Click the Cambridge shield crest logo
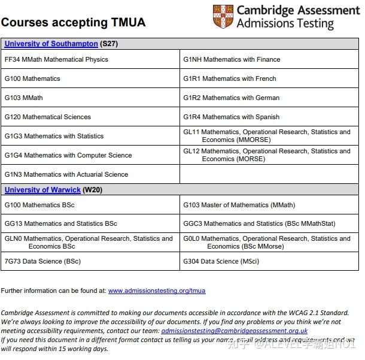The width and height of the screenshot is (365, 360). tap(223, 16)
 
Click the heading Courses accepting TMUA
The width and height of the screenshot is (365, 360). tap(73, 23)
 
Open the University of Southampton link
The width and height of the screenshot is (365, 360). tap(51, 44)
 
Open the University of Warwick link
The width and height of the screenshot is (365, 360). tap(42, 190)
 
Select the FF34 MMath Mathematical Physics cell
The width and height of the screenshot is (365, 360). tap(56, 59)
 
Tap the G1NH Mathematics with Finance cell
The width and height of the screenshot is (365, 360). tap(232, 59)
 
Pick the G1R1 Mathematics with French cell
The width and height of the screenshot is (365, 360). tap(230, 78)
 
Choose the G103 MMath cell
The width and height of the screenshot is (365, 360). tap(24, 98)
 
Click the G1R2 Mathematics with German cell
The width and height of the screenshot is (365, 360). tap(231, 98)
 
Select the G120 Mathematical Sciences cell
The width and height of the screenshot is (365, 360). tap(48, 117)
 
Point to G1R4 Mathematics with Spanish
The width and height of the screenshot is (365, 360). tap(231, 117)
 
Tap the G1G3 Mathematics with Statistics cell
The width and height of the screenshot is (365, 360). tap(54, 136)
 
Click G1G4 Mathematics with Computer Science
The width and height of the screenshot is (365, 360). tap(68, 155)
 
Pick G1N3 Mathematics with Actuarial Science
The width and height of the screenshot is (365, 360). tap(66, 174)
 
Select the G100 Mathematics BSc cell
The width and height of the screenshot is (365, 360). tap(39, 205)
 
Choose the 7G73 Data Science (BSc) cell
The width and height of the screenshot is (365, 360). tap(42, 261)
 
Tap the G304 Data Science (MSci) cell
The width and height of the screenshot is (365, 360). tap(221, 261)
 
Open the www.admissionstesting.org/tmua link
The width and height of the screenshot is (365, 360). tap(157, 291)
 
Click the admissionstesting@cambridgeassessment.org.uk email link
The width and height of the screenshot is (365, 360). tap(234, 331)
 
